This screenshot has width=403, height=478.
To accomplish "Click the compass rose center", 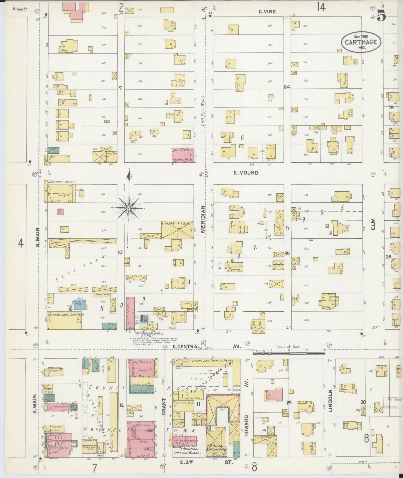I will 128,208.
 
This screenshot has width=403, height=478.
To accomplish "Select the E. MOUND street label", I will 246,173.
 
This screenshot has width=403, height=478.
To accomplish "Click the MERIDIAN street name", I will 203,219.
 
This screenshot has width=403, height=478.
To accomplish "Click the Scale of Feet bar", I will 289,354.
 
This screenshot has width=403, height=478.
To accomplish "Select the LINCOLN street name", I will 331,404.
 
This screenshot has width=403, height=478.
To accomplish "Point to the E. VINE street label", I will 267,11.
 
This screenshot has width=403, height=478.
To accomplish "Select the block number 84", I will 287,87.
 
